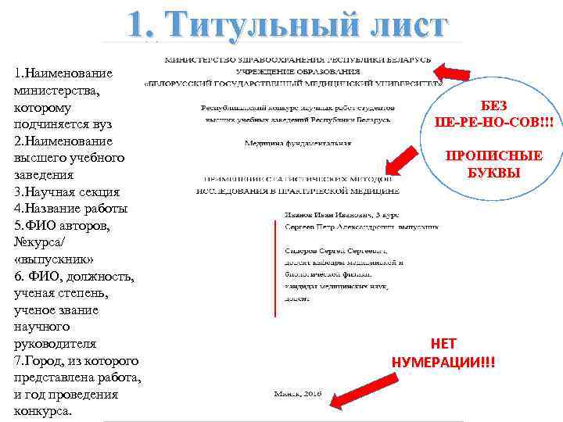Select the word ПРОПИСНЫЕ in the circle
(x=493, y=156)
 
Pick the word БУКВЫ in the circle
(x=493, y=171)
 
